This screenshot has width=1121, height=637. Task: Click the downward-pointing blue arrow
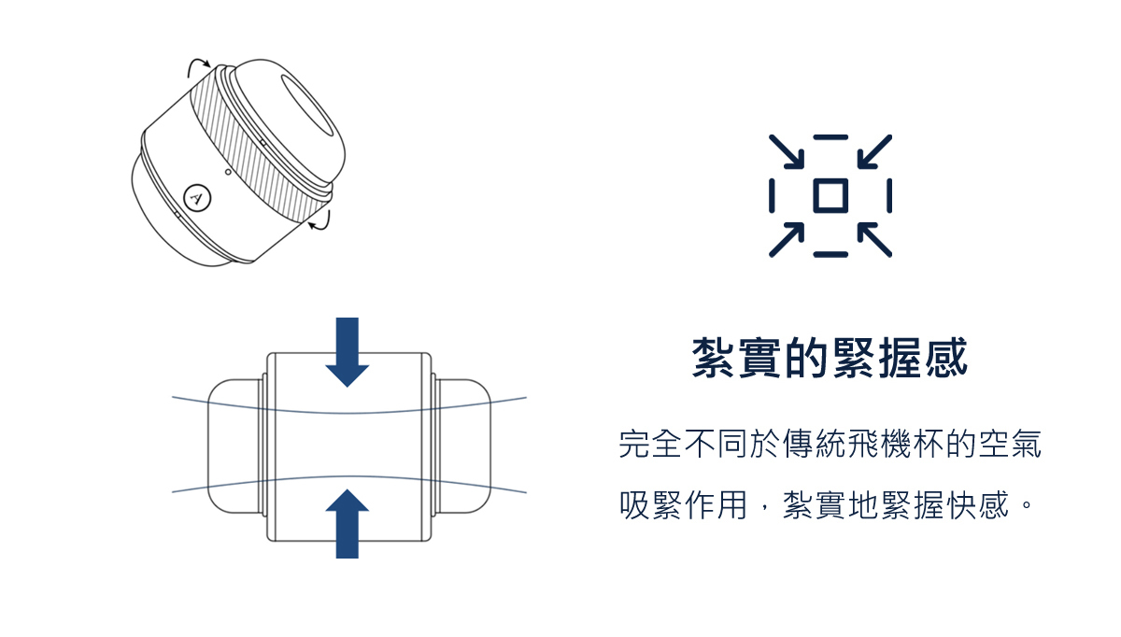(347, 352)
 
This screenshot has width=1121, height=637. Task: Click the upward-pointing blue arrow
(347, 524)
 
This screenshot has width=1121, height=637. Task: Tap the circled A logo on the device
(197, 198)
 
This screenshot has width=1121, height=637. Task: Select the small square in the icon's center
(830, 195)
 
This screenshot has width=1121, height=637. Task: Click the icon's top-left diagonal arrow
(787, 151)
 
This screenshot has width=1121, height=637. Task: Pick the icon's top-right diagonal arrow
(874, 151)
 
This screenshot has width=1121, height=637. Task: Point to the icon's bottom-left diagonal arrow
(787, 240)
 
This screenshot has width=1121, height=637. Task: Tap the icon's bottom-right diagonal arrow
(874, 240)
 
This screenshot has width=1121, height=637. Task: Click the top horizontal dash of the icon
(830, 137)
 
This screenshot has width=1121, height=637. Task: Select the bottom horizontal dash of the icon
(830, 255)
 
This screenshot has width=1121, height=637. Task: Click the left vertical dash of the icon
(772, 195)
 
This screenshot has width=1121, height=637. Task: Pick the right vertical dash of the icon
(889, 195)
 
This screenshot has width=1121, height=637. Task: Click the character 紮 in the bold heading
(714, 358)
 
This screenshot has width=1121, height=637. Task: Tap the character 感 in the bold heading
(946, 358)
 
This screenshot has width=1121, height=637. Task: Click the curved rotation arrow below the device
(320, 221)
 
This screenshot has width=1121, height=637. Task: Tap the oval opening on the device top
(306, 106)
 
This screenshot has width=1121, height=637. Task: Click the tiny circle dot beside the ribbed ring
(228, 172)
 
